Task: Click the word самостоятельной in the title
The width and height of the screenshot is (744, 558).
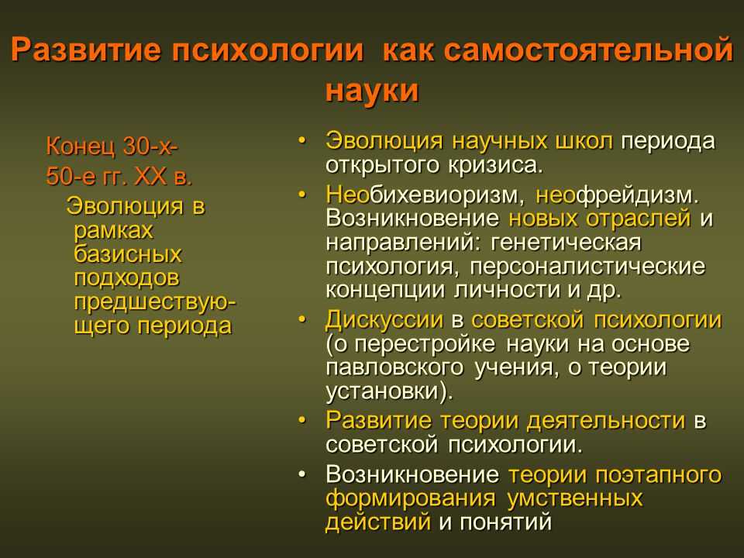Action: (x=589, y=50)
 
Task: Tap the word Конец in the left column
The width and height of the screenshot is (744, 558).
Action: (x=81, y=146)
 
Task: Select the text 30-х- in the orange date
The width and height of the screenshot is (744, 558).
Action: (x=150, y=146)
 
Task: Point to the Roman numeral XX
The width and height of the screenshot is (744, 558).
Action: (x=151, y=177)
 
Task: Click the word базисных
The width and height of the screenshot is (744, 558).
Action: (x=128, y=254)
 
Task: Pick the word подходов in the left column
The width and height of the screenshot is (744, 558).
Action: (x=126, y=278)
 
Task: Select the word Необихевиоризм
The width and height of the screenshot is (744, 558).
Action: (x=425, y=195)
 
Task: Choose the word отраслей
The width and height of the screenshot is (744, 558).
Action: (x=638, y=219)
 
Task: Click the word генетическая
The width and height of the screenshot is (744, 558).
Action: (x=566, y=243)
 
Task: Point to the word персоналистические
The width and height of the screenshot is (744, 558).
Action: (x=587, y=266)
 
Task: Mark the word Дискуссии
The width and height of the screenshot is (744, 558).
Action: (x=384, y=320)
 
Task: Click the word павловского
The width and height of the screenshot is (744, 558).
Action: (x=394, y=367)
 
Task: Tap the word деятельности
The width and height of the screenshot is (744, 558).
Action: (x=606, y=420)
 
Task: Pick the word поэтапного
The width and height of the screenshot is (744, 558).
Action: (x=659, y=474)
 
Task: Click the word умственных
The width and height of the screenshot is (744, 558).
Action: (x=574, y=498)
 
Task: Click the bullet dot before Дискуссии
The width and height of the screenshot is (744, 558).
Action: (x=302, y=320)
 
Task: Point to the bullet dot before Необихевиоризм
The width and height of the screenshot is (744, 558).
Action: (x=302, y=195)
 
